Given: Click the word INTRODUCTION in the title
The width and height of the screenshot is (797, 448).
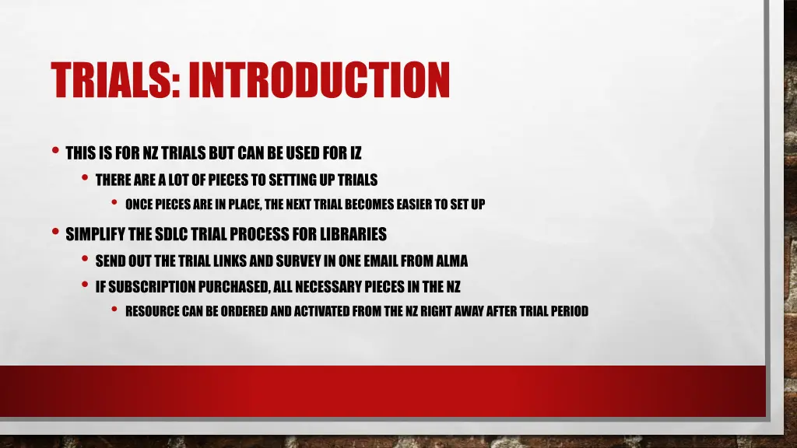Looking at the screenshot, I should pos(319,79).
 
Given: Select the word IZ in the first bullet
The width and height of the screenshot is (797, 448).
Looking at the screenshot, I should pos(355,153).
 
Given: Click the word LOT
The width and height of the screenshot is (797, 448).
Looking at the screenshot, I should pos(180,180).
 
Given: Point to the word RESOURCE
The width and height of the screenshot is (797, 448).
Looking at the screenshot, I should pos(154,311).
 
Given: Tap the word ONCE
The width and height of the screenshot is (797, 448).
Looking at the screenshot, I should pos(140,205).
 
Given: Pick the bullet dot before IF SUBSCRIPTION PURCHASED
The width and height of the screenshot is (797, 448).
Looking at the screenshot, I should pos(85,285).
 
